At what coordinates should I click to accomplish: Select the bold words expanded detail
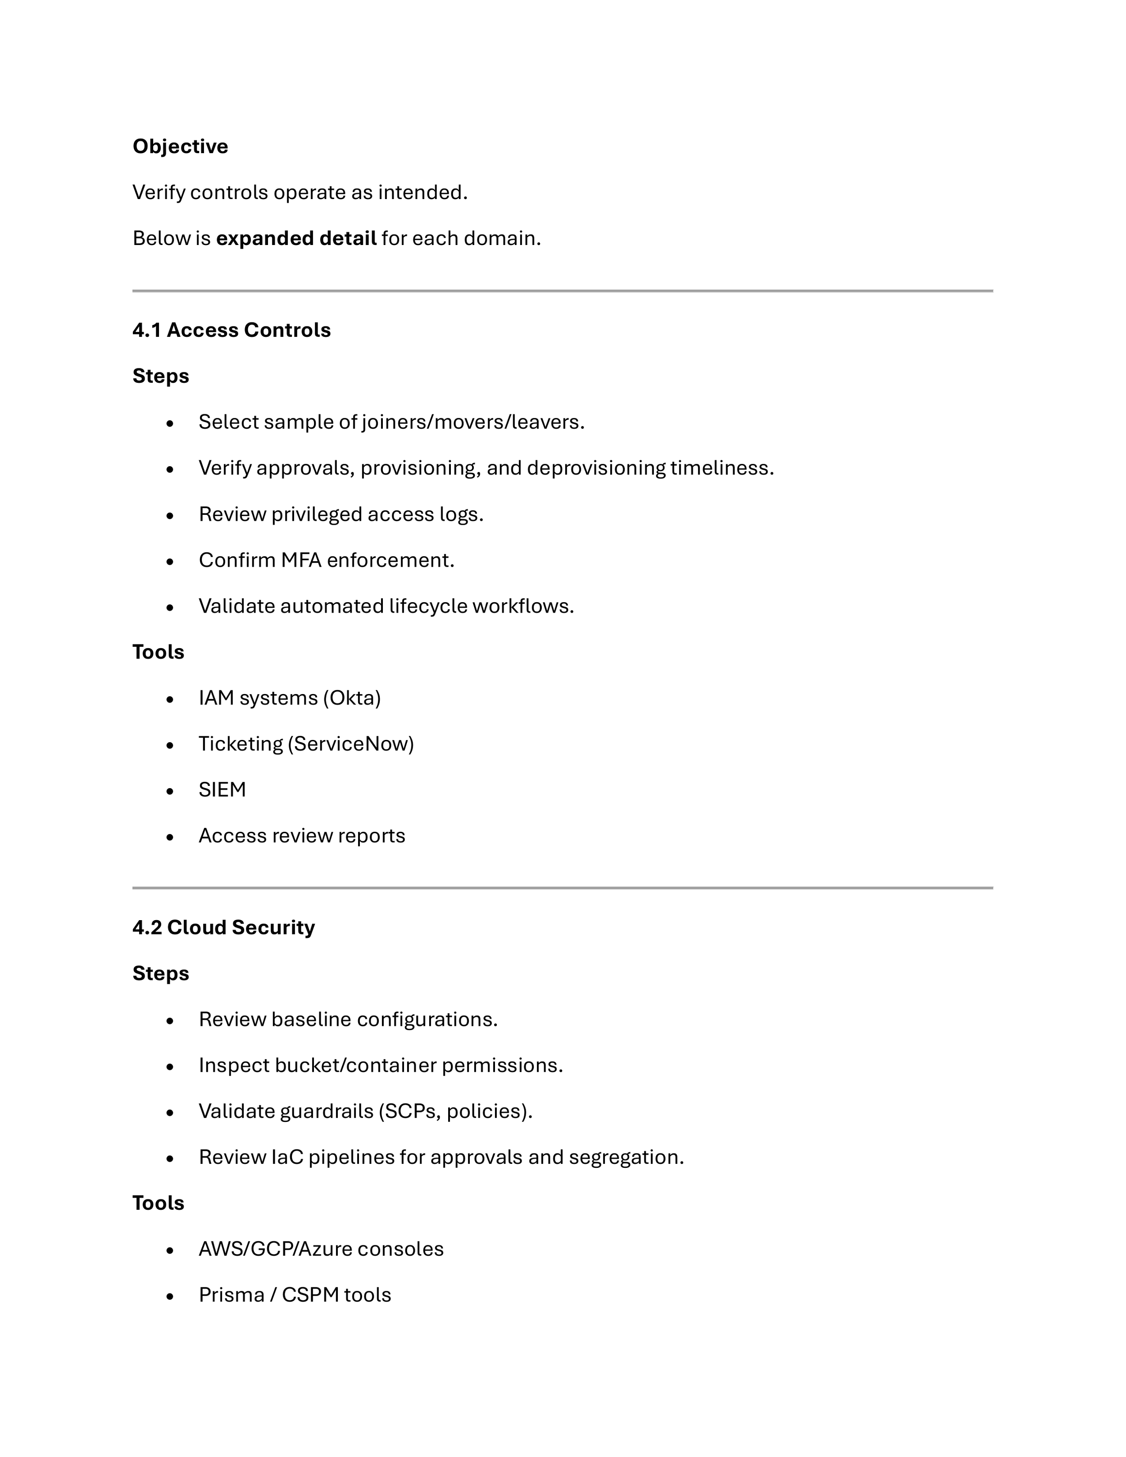tap(296, 238)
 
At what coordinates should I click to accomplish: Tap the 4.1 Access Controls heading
tap(232, 330)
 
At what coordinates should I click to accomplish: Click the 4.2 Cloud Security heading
tap(223, 927)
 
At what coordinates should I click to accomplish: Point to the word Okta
tap(352, 698)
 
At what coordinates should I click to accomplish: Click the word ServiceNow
tap(351, 744)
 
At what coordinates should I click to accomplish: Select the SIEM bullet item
tap(222, 790)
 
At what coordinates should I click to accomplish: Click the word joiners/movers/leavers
tap(472, 422)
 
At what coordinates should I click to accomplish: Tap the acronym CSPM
tap(310, 1295)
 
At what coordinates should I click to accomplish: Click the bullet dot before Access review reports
tap(170, 836)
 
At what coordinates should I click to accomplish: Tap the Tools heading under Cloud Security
tap(158, 1203)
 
